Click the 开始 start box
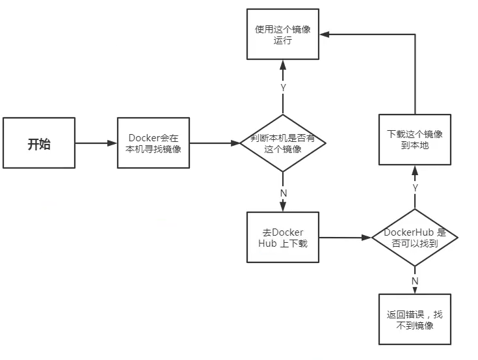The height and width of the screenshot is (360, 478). [x=38, y=143]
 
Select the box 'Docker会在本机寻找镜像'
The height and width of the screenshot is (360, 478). [x=153, y=143]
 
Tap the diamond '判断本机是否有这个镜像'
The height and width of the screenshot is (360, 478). [x=283, y=143]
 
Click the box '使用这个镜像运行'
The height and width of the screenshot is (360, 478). [x=283, y=35]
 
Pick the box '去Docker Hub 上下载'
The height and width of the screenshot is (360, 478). [x=283, y=238]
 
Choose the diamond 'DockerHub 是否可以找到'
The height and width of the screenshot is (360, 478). [x=415, y=238]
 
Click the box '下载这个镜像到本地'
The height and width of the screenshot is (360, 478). [x=415, y=139]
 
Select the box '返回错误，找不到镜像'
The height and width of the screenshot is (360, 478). [x=415, y=319]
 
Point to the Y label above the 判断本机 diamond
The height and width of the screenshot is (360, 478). [x=283, y=87]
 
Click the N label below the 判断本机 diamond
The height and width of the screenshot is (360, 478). [x=284, y=193]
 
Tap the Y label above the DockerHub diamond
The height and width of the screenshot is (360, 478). [x=415, y=188]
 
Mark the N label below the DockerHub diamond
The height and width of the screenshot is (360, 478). [x=415, y=280]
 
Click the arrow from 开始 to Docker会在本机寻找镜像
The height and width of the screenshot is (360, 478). [x=96, y=143]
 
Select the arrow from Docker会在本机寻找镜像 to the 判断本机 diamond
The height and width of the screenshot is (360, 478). [x=215, y=143]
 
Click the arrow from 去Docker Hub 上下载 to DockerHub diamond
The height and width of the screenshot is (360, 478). [x=345, y=238]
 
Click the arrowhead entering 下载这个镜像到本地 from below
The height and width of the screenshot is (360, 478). [x=415, y=170]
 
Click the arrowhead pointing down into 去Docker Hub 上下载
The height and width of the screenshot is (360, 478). [x=283, y=208]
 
